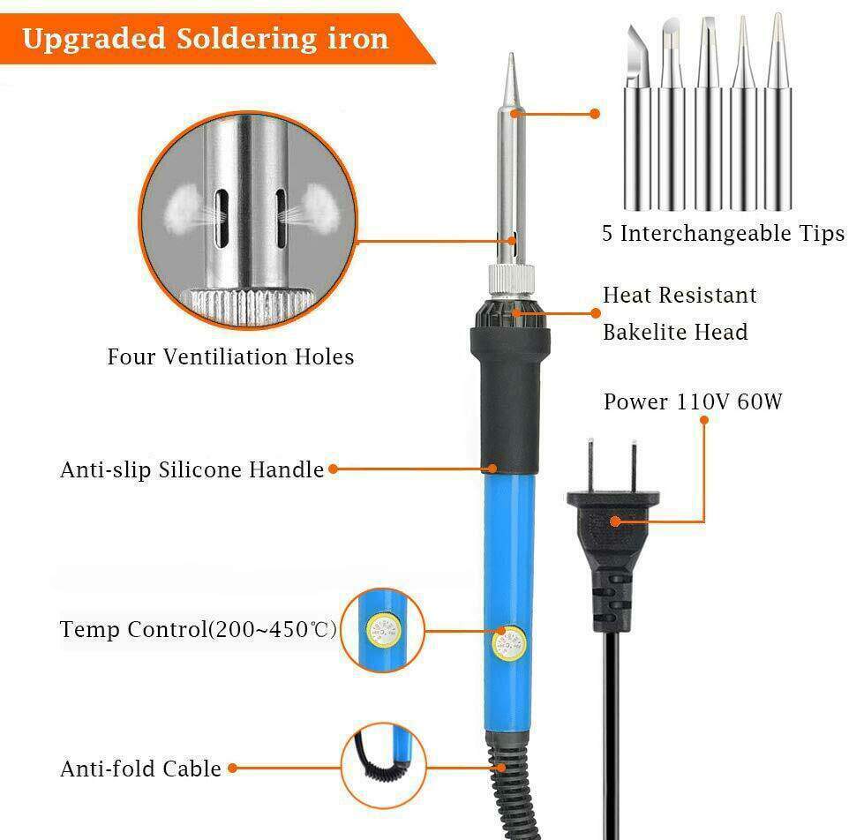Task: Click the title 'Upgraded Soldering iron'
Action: pyautogui.click(x=205, y=39)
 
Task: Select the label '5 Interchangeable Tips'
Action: pyautogui.click(x=723, y=234)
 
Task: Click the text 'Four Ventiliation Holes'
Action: pyautogui.click(x=230, y=357)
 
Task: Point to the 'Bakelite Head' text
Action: pyautogui.click(x=675, y=333)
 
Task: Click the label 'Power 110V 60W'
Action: pyautogui.click(x=693, y=402)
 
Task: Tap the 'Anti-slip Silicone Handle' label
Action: pyautogui.click(x=192, y=470)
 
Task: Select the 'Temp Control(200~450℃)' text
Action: pyautogui.click(x=199, y=630)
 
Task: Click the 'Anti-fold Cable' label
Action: pyautogui.click(x=140, y=769)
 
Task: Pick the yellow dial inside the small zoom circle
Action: pyautogui.click(x=380, y=630)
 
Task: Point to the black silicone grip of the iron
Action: pyautogui.click(x=509, y=397)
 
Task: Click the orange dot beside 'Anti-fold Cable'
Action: pyautogui.click(x=233, y=769)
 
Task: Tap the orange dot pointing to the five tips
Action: pyautogui.click(x=595, y=114)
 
